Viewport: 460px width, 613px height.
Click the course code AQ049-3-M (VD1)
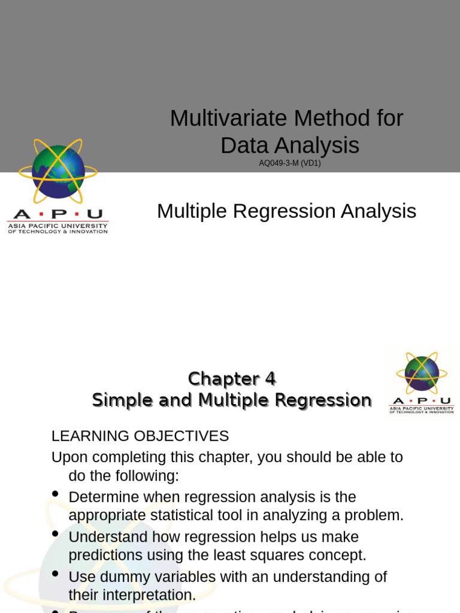tap(290, 163)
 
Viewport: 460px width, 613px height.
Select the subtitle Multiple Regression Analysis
tap(286, 211)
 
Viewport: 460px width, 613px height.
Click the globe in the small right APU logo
tap(422, 373)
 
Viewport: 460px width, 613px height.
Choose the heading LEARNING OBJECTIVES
tap(140, 436)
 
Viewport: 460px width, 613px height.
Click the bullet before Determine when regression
tap(56, 494)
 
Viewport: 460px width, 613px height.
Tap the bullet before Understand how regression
tap(56, 533)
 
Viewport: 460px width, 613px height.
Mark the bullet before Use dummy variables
tap(56, 573)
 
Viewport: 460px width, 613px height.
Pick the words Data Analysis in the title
tap(290, 145)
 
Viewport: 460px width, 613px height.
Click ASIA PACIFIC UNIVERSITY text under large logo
tap(57, 226)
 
